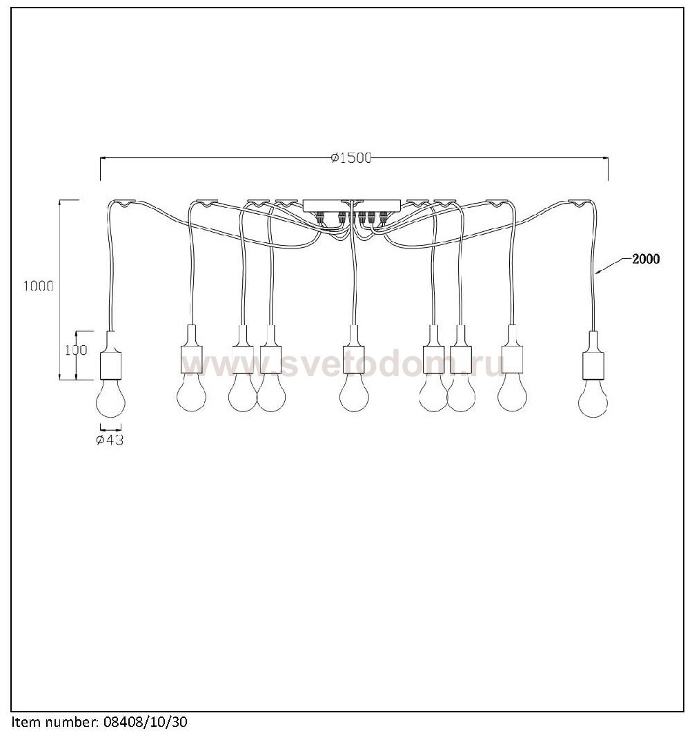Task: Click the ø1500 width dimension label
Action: [351, 158]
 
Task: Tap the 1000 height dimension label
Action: [39, 286]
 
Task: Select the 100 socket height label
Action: [76, 350]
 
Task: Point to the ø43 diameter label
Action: [110, 440]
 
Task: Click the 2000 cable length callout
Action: [646, 259]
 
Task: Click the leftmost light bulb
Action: [110, 396]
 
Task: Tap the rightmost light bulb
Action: [593, 397]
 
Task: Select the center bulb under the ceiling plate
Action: [354, 392]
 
